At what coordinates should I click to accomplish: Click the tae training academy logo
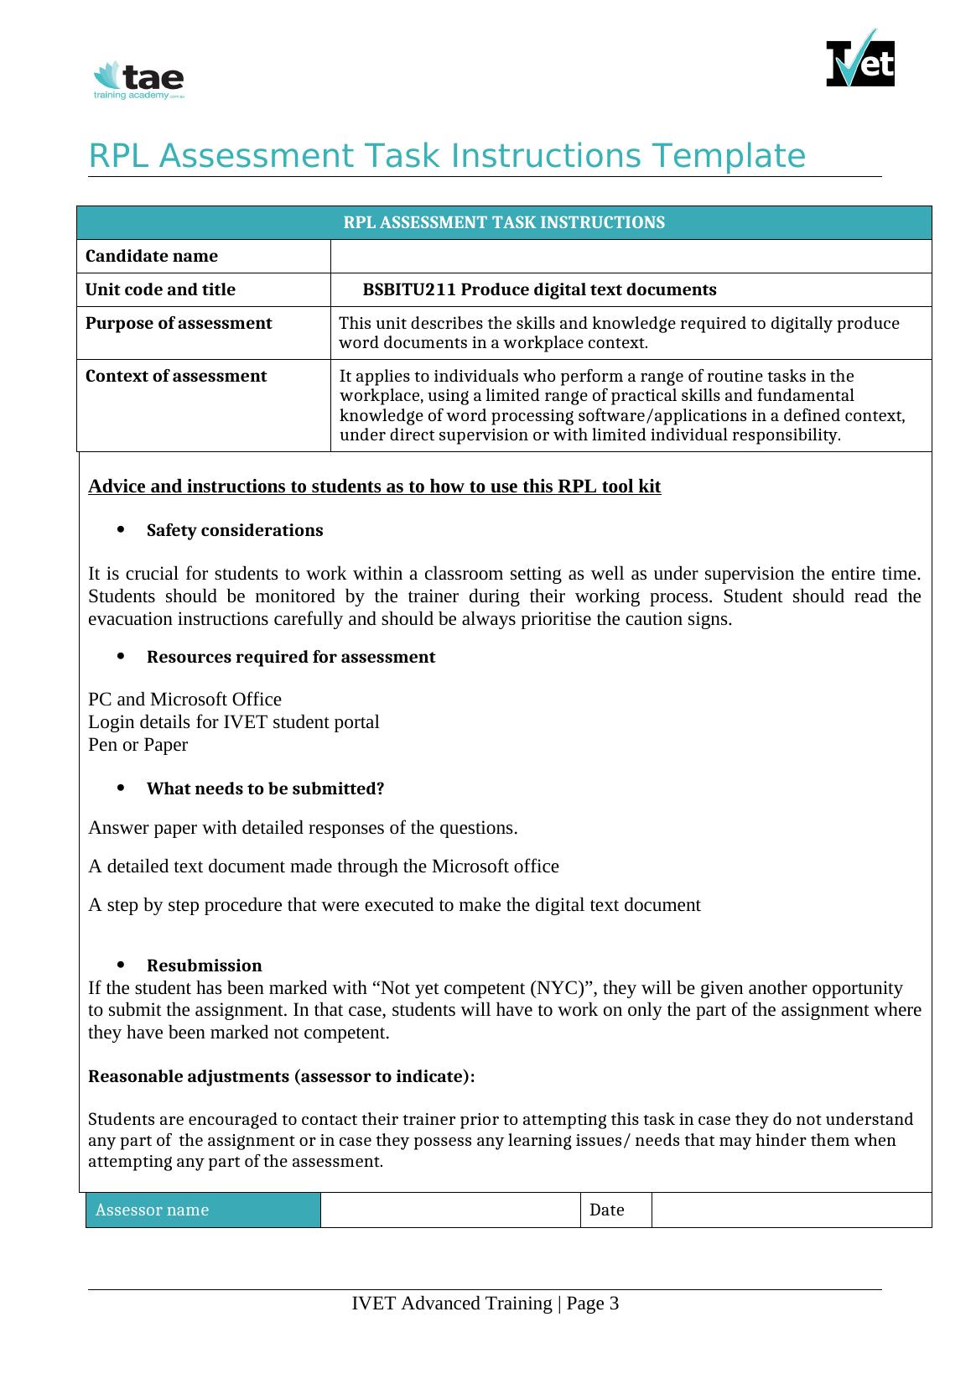(x=139, y=81)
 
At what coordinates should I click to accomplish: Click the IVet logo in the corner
(x=860, y=60)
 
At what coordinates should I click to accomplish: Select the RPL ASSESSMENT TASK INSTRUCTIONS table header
(x=504, y=222)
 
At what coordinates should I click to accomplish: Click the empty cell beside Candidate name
(x=631, y=256)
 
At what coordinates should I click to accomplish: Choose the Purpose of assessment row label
(x=179, y=324)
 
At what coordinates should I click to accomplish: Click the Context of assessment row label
(x=176, y=377)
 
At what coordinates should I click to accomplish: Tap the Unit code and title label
(x=160, y=290)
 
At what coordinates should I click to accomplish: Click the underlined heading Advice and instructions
(x=374, y=487)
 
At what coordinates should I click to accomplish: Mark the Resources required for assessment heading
(x=290, y=657)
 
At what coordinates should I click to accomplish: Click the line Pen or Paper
(x=138, y=745)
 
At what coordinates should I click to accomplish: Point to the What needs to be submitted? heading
(x=265, y=788)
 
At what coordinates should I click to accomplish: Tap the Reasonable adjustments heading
(x=281, y=1076)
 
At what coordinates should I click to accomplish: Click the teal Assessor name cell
(x=203, y=1210)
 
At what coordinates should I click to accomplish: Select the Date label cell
(x=615, y=1210)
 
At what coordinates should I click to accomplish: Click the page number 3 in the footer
(x=614, y=1304)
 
